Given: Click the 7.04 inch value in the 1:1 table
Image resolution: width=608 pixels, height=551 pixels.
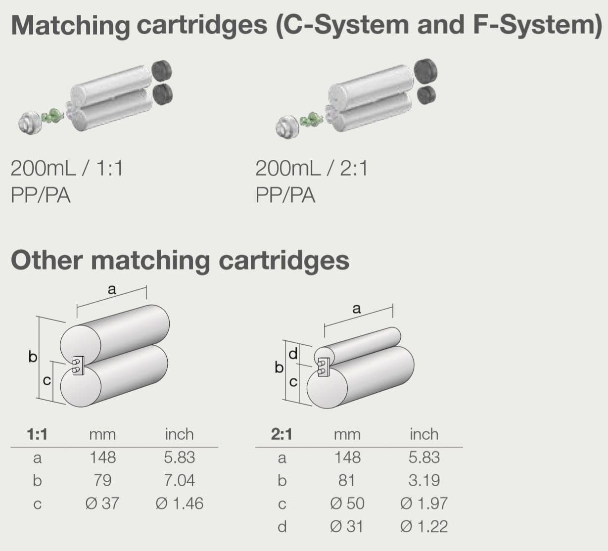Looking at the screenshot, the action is click(x=179, y=480).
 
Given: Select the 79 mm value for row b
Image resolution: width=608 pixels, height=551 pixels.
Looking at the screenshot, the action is click(x=103, y=480).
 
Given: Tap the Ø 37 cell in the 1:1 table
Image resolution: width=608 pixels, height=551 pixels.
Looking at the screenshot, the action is click(x=102, y=503).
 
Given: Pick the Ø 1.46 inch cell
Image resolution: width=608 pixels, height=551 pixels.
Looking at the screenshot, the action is click(x=180, y=503).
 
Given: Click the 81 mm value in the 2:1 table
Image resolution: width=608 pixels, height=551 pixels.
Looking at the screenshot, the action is click(x=347, y=480).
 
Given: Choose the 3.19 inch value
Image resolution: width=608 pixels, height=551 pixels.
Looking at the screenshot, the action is click(x=424, y=480).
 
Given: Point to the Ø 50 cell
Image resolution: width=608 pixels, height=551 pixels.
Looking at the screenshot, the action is click(x=347, y=503).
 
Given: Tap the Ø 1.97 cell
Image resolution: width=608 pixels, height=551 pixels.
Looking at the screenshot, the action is click(x=424, y=503).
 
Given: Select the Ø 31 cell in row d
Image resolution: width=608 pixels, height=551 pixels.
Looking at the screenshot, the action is click(x=346, y=526).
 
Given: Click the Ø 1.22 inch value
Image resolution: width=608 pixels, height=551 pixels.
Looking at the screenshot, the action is click(x=424, y=526).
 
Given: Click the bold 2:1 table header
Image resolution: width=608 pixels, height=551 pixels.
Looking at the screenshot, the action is click(x=281, y=434).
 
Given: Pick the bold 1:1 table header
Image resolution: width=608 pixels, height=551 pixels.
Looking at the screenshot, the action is click(x=37, y=434).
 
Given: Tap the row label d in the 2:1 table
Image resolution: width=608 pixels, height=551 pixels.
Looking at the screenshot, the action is click(x=282, y=527).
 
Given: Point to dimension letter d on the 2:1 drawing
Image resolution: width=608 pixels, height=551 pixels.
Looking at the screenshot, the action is click(x=293, y=354).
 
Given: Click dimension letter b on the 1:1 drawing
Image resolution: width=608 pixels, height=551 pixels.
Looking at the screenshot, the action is click(x=33, y=357).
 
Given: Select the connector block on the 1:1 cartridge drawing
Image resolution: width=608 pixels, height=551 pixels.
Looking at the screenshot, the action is click(x=78, y=366).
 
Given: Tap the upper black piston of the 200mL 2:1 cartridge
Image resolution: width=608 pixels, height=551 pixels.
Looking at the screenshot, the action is click(x=425, y=72).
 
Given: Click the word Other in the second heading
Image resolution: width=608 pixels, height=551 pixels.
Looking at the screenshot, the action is click(x=47, y=261).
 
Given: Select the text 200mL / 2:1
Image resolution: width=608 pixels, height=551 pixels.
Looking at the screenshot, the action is click(x=312, y=168).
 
